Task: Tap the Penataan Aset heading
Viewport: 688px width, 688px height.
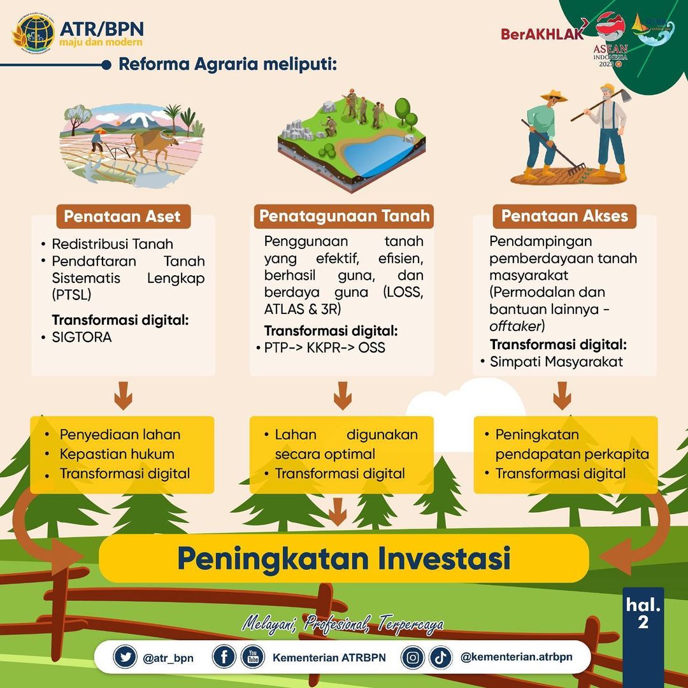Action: (x=123, y=216)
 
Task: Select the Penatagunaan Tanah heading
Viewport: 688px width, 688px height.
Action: (x=344, y=216)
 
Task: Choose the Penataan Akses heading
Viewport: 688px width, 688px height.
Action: (x=564, y=216)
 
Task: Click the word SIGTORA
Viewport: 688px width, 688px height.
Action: (x=82, y=337)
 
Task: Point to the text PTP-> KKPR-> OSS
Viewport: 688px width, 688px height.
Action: (x=325, y=348)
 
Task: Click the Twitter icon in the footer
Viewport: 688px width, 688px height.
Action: (x=125, y=657)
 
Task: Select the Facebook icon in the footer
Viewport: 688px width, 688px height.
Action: (x=224, y=657)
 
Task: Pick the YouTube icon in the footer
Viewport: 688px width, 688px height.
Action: (x=253, y=657)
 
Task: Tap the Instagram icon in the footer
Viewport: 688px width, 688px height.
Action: (x=413, y=657)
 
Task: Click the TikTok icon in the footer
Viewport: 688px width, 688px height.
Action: (x=440, y=657)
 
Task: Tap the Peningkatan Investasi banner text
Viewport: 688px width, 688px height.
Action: (x=343, y=558)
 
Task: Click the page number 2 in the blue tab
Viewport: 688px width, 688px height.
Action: (x=643, y=622)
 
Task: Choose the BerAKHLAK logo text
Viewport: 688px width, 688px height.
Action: (x=541, y=34)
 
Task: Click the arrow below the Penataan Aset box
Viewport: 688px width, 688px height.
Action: (x=123, y=396)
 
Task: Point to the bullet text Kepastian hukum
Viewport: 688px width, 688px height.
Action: (x=117, y=454)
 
